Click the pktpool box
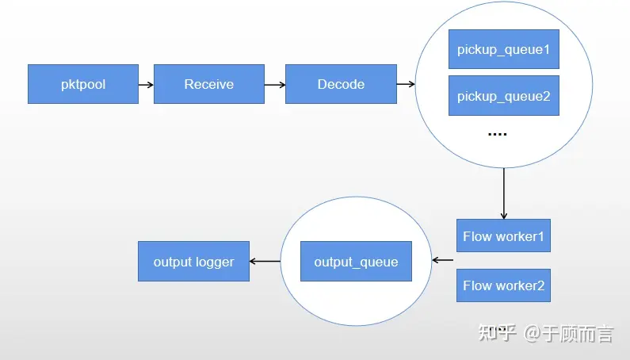(x=83, y=84)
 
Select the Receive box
(x=209, y=84)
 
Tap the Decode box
(x=341, y=84)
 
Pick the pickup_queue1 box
(x=504, y=49)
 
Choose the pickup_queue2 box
(x=504, y=96)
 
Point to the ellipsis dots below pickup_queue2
(x=497, y=134)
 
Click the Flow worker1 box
(x=503, y=236)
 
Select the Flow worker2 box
(x=503, y=285)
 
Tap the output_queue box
(x=356, y=262)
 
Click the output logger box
(x=193, y=262)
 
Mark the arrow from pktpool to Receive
(x=146, y=85)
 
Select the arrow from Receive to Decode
(x=275, y=85)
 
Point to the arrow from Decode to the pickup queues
(x=406, y=84)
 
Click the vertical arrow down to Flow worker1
(x=504, y=193)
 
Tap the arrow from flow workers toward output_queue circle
(x=443, y=260)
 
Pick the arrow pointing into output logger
(x=265, y=262)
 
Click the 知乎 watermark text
(x=498, y=333)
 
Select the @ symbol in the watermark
(x=532, y=333)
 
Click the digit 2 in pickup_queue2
(x=546, y=96)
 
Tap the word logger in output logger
(x=214, y=262)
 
